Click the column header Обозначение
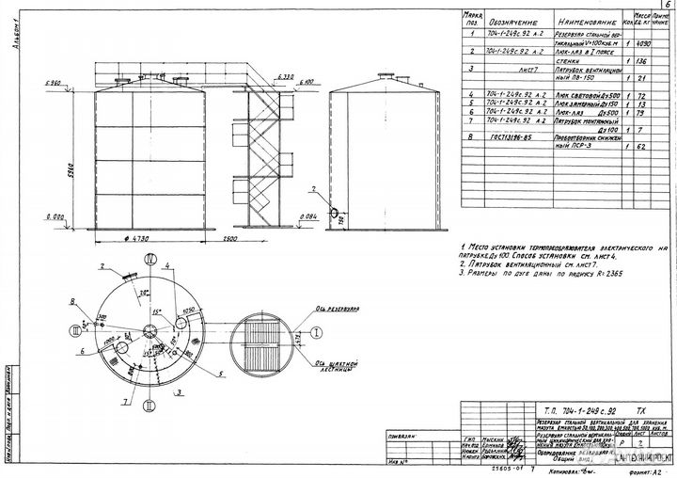(512, 20)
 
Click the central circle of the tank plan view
(150, 331)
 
